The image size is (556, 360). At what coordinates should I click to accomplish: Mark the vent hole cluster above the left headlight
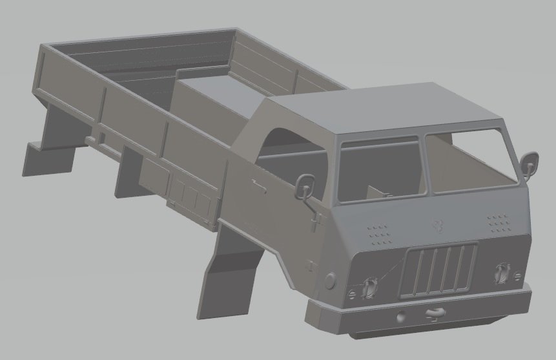coord(378,233)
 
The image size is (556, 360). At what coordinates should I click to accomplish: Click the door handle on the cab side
coord(260,186)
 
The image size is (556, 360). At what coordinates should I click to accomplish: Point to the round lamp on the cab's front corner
coord(330,280)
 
